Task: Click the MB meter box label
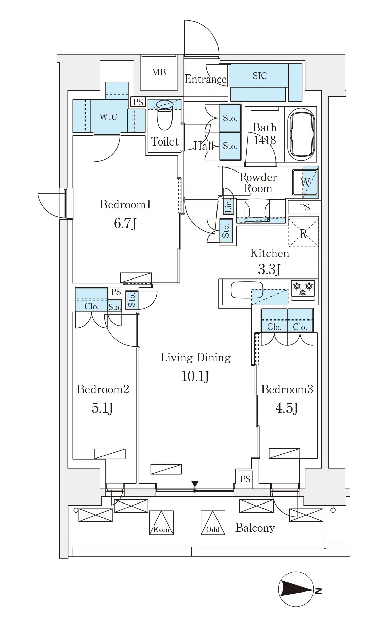pyautogui.click(x=159, y=72)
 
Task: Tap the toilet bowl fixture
pyautogui.click(x=165, y=115)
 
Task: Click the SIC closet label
pyautogui.click(x=259, y=76)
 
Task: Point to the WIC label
pyautogui.click(x=109, y=117)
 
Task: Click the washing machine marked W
pyautogui.click(x=305, y=182)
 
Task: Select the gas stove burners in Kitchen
pyautogui.click(x=303, y=289)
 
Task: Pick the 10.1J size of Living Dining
pyautogui.click(x=196, y=376)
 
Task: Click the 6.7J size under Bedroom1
pyautogui.click(x=125, y=223)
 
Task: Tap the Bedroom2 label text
pyautogui.click(x=103, y=389)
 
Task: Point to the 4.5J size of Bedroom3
pyautogui.click(x=287, y=408)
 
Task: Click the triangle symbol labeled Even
pyautogui.click(x=161, y=522)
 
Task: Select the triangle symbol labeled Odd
pyautogui.click(x=213, y=522)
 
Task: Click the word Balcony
pyautogui.click(x=255, y=528)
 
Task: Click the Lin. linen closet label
pyautogui.click(x=229, y=206)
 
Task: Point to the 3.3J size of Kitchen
pyautogui.click(x=269, y=270)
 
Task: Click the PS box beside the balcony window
pyautogui.click(x=245, y=479)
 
